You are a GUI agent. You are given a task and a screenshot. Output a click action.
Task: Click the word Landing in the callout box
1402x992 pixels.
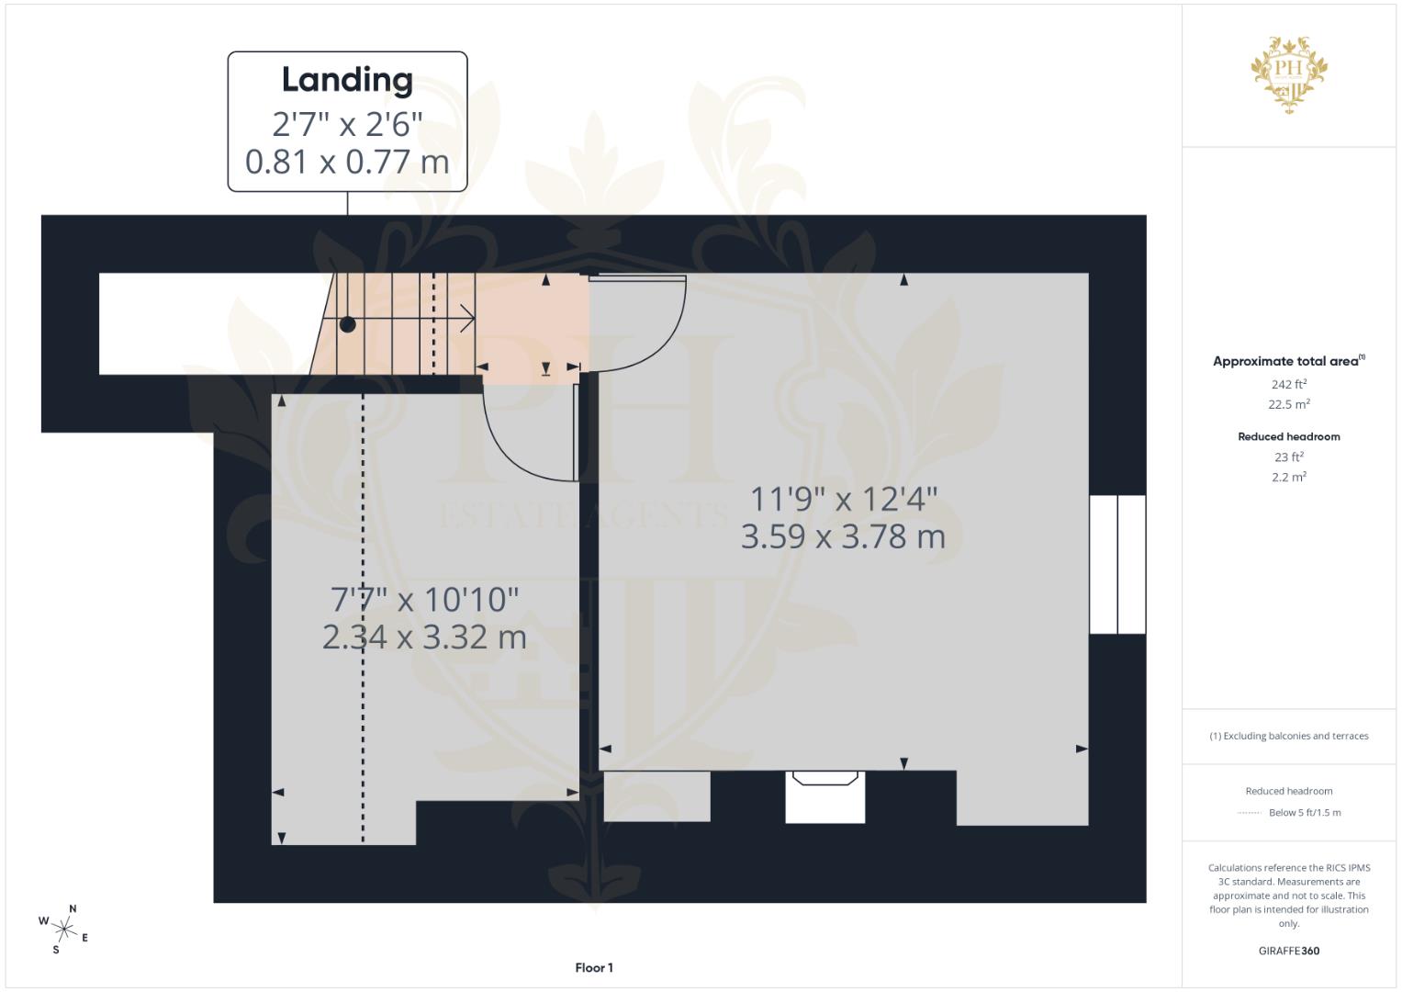click(347, 80)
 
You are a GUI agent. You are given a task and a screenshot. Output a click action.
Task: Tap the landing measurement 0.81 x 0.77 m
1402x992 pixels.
click(347, 163)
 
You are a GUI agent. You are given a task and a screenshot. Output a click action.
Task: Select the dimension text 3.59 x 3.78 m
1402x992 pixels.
click(843, 536)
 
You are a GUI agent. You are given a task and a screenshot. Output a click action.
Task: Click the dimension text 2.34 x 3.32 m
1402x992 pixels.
click(424, 637)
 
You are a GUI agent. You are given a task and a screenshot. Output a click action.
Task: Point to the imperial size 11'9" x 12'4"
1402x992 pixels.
click(843, 499)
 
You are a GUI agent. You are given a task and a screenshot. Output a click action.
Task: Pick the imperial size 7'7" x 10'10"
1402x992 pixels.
click(424, 600)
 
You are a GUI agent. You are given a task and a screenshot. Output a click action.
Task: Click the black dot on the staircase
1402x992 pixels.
click(347, 324)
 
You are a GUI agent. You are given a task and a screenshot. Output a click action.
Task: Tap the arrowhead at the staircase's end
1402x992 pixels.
click(468, 320)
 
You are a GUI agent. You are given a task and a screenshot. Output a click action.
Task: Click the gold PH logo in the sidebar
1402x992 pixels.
click(1288, 73)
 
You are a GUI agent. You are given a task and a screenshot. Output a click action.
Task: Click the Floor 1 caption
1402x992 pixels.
click(594, 967)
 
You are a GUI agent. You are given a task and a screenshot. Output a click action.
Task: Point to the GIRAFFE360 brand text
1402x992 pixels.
click(1288, 951)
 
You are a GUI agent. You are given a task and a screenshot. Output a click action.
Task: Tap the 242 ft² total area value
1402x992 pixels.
click(1288, 384)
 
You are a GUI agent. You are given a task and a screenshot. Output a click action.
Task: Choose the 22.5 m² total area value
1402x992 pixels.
click(1288, 404)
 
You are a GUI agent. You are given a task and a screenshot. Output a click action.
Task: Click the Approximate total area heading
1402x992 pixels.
click(1288, 361)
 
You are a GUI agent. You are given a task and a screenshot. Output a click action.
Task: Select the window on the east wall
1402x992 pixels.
click(1117, 564)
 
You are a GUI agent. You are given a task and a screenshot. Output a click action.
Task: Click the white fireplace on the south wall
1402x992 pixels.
click(824, 796)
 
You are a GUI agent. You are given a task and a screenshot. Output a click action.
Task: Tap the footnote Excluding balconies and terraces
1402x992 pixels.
click(1288, 736)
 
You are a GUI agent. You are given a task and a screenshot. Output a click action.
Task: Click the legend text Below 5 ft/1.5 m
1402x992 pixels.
click(1304, 812)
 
